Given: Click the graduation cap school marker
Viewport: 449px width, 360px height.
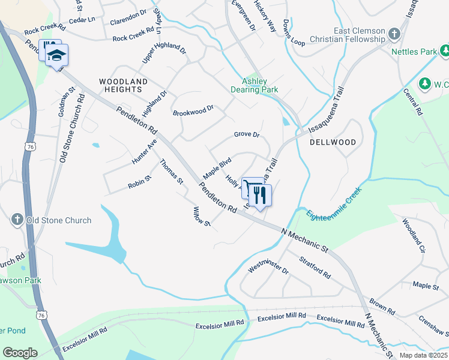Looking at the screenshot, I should tap(58, 56).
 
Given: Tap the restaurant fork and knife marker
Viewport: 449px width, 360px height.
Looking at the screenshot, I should tap(260, 196).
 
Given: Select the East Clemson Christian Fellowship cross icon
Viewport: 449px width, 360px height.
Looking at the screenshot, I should tap(394, 34).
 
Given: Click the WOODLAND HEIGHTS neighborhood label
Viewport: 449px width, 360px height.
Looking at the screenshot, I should tap(123, 85).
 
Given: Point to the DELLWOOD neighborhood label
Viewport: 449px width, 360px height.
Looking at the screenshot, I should tap(333, 142).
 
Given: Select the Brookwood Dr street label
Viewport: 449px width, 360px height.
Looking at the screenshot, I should tap(193, 111).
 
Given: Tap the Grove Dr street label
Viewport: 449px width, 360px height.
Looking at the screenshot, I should tap(246, 135).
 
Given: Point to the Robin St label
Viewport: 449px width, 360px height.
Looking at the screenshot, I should tap(139, 182).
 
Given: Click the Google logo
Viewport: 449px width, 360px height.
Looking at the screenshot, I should tap(20, 353).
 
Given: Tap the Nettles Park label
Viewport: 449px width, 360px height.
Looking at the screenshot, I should tap(414, 52).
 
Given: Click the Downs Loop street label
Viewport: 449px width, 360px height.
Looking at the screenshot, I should tap(294, 32).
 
